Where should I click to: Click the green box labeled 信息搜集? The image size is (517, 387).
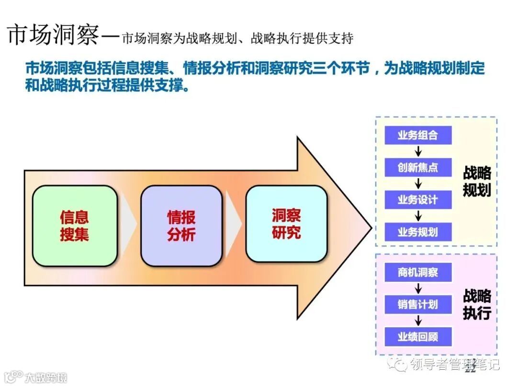pos(75,226)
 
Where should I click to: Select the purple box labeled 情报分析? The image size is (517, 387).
pos(181,226)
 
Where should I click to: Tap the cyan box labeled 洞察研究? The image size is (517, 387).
pos(286,224)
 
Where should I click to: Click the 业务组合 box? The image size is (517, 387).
pos(418,135)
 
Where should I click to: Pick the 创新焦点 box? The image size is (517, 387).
pos(418,168)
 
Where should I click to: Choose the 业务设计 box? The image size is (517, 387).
pos(418,200)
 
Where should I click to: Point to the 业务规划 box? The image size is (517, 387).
pos(418,232)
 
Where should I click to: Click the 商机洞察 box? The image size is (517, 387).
pos(418,273)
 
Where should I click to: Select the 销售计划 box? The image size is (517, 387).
pos(418,304)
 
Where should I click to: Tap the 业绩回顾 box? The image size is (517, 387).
pos(418,337)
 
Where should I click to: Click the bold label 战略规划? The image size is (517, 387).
pos(477,182)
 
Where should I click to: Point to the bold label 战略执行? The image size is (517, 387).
pos(477,304)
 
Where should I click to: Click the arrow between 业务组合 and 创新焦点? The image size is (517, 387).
pos(418,151)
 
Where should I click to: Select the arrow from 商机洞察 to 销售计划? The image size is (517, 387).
pos(418,289)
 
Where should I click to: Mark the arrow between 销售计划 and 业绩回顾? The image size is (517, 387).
pos(418,321)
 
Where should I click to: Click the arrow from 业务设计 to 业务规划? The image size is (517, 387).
pos(418,216)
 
